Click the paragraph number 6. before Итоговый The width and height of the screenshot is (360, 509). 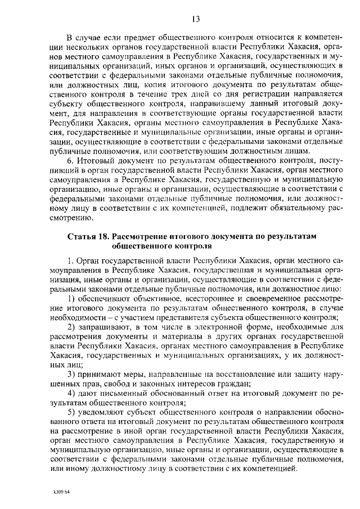(70, 160)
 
